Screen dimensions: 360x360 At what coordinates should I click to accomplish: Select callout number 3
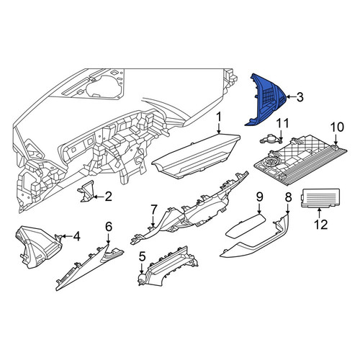300,97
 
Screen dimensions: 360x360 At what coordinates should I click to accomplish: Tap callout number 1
218,117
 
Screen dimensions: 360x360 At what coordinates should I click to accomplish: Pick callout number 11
282,124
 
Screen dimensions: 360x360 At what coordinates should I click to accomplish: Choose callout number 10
337,127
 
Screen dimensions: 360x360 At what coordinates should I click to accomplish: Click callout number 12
321,225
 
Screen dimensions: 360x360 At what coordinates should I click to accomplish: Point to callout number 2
108,197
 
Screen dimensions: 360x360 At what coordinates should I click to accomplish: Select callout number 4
76,237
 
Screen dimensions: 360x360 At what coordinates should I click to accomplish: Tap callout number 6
109,227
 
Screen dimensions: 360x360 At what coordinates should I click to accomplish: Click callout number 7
153,209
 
